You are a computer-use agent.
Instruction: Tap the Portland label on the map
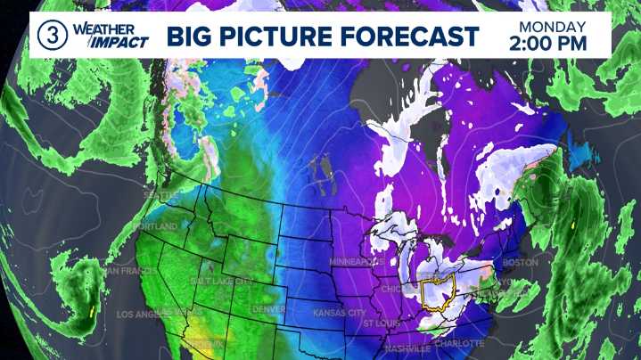152,227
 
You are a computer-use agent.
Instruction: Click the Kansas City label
339,314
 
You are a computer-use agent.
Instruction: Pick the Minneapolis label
357,262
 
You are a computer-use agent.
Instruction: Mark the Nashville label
409,349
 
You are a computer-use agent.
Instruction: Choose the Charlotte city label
459,343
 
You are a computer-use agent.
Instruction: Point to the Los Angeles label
148,315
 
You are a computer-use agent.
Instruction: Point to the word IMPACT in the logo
99,44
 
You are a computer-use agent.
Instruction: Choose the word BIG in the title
190,37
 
